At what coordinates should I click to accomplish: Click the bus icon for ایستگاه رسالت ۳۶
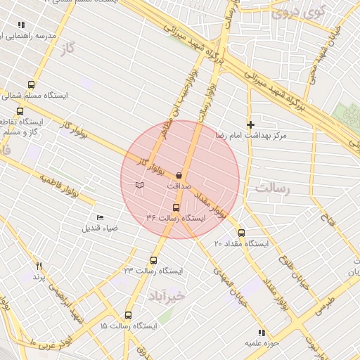[x=176, y=207]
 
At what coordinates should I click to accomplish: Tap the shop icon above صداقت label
[x=179, y=175]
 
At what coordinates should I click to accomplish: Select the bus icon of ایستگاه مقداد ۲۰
[x=241, y=233]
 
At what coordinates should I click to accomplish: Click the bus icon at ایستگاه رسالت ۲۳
[x=154, y=260]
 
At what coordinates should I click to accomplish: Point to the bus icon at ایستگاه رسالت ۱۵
[x=128, y=315]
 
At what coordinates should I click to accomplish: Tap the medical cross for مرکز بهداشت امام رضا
[x=250, y=124]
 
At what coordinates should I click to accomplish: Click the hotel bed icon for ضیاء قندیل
[x=99, y=218]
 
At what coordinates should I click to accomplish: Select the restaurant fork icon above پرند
[x=39, y=266]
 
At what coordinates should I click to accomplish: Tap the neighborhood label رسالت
[x=273, y=188]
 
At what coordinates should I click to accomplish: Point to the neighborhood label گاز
[x=67, y=48]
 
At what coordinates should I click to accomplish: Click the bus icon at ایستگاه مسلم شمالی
[x=30, y=84]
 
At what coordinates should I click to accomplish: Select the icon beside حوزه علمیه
[x=262, y=333]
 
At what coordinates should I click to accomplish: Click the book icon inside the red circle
[x=139, y=185]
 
